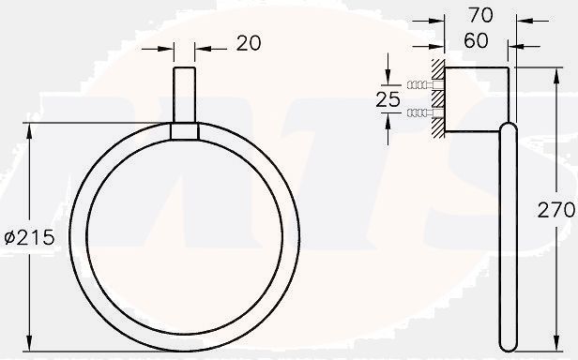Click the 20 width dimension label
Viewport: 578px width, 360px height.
point(248,43)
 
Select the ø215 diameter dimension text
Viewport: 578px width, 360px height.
point(29,238)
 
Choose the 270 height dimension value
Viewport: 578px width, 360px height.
point(555,212)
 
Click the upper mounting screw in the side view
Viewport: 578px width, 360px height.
point(419,85)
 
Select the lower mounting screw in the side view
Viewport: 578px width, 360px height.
point(419,113)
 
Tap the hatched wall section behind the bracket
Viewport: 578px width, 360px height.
point(437,99)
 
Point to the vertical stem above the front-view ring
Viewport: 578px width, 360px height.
point(185,94)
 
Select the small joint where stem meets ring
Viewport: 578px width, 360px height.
point(185,131)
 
